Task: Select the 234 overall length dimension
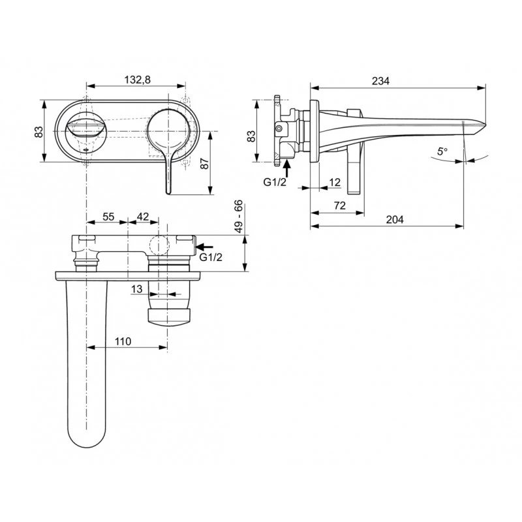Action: click(x=380, y=81)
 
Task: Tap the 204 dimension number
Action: click(x=394, y=220)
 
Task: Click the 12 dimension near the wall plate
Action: click(x=335, y=182)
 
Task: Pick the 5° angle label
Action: click(x=442, y=151)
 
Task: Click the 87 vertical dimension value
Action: click(x=204, y=163)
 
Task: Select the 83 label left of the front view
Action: click(x=39, y=130)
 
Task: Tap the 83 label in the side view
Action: click(x=251, y=136)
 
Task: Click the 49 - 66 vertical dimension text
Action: click(x=239, y=217)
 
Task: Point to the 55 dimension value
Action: click(x=109, y=216)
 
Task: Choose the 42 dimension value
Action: click(x=144, y=216)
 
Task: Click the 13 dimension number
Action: click(x=136, y=289)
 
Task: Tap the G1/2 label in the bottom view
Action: click(x=211, y=258)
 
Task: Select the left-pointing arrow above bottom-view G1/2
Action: click(x=204, y=247)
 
